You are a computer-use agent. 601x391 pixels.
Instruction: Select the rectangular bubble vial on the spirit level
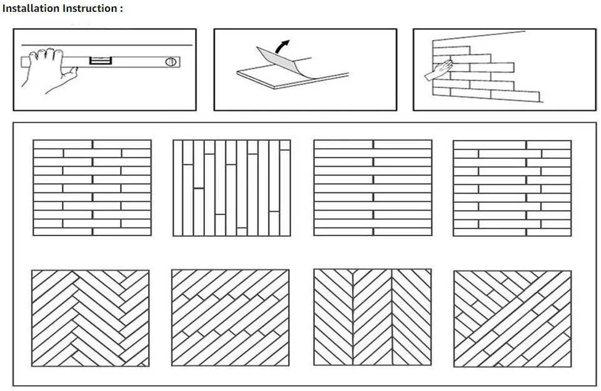pyautogui.click(x=99, y=61)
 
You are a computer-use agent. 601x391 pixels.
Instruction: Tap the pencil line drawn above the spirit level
pyautogui.click(x=125, y=45)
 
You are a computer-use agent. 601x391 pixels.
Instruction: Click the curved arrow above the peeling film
pyautogui.click(x=283, y=47)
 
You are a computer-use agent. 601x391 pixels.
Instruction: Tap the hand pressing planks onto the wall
pyautogui.click(x=439, y=69)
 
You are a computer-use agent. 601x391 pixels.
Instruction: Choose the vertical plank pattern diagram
pyautogui.click(x=231, y=188)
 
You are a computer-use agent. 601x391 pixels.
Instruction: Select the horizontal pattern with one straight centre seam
pyautogui.click(x=372, y=188)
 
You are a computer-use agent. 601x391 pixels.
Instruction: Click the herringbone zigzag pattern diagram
pyautogui.click(x=90, y=318)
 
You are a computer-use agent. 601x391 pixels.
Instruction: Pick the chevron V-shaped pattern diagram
pyautogui.click(x=372, y=318)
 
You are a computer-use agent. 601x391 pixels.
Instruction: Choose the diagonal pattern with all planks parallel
pyautogui.click(x=230, y=318)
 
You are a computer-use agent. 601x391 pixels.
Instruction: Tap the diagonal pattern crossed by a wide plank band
pyautogui.click(x=512, y=318)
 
